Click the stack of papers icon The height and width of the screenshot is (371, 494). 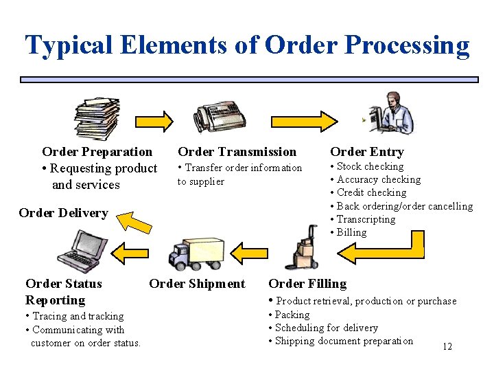coord(97,120)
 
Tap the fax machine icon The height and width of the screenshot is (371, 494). coord(216,119)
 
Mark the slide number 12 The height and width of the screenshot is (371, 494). coord(447,347)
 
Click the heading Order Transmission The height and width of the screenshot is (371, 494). coord(237,152)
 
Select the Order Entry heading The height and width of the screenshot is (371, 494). coord(366,152)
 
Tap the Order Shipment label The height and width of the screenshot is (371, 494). coord(197,284)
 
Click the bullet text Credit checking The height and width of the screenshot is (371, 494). coord(371,192)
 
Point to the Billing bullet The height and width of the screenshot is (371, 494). coord(351,232)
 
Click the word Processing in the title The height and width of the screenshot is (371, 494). coord(408,45)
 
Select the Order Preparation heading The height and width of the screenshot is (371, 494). coord(97,152)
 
